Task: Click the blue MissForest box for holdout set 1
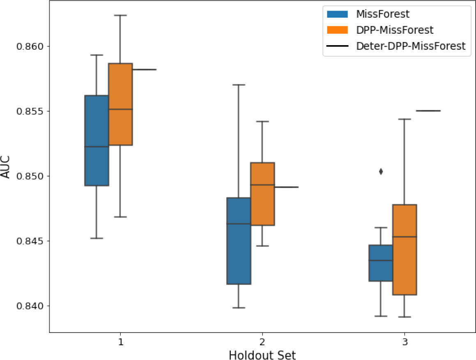[97, 140]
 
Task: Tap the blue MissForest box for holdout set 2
[239, 241]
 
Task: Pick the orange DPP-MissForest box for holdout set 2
[262, 194]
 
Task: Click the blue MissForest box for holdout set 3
[381, 263]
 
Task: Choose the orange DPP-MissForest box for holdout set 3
[405, 250]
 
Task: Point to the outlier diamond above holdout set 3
[381, 172]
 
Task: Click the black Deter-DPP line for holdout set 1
[144, 70]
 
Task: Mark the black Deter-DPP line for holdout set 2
[286, 187]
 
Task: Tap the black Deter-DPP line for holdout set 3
[428, 111]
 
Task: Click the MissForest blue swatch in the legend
[337, 14]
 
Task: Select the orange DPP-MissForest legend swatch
[337, 30]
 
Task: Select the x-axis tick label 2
[262, 342]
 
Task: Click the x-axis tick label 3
[405, 342]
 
